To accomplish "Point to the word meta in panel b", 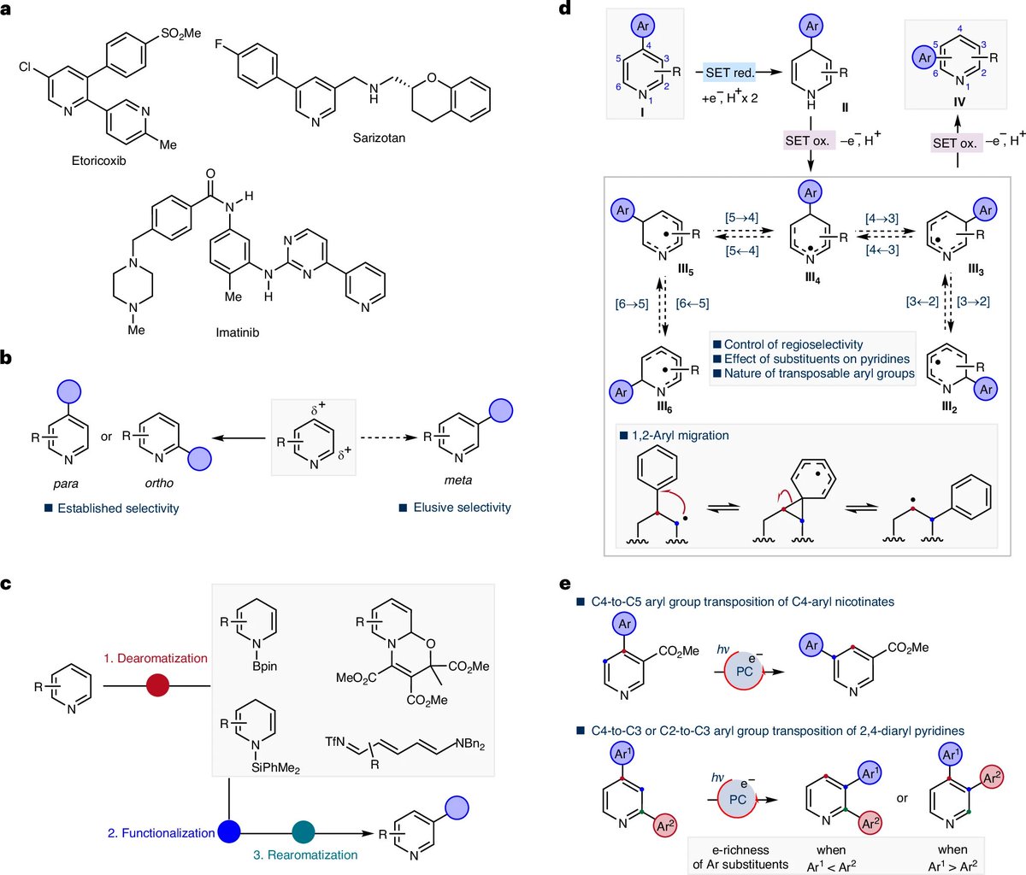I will pyautogui.click(x=458, y=481).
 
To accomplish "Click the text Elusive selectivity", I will pyautogui.click(x=462, y=508).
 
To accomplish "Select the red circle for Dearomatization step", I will pyautogui.click(x=156, y=684).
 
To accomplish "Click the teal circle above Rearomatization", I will pyautogui.click(x=304, y=830).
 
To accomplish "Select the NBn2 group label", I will pyautogui.click(x=469, y=745).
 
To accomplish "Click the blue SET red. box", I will pyautogui.click(x=729, y=73).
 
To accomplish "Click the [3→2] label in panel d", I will pyautogui.click(x=973, y=302).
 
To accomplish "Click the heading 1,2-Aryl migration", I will pyautogui.click(x=678, y=435).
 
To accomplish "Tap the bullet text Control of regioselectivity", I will pyautogui.click(x=793, y=344).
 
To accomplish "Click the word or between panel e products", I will pyautogui.click(x=903, y=798).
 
